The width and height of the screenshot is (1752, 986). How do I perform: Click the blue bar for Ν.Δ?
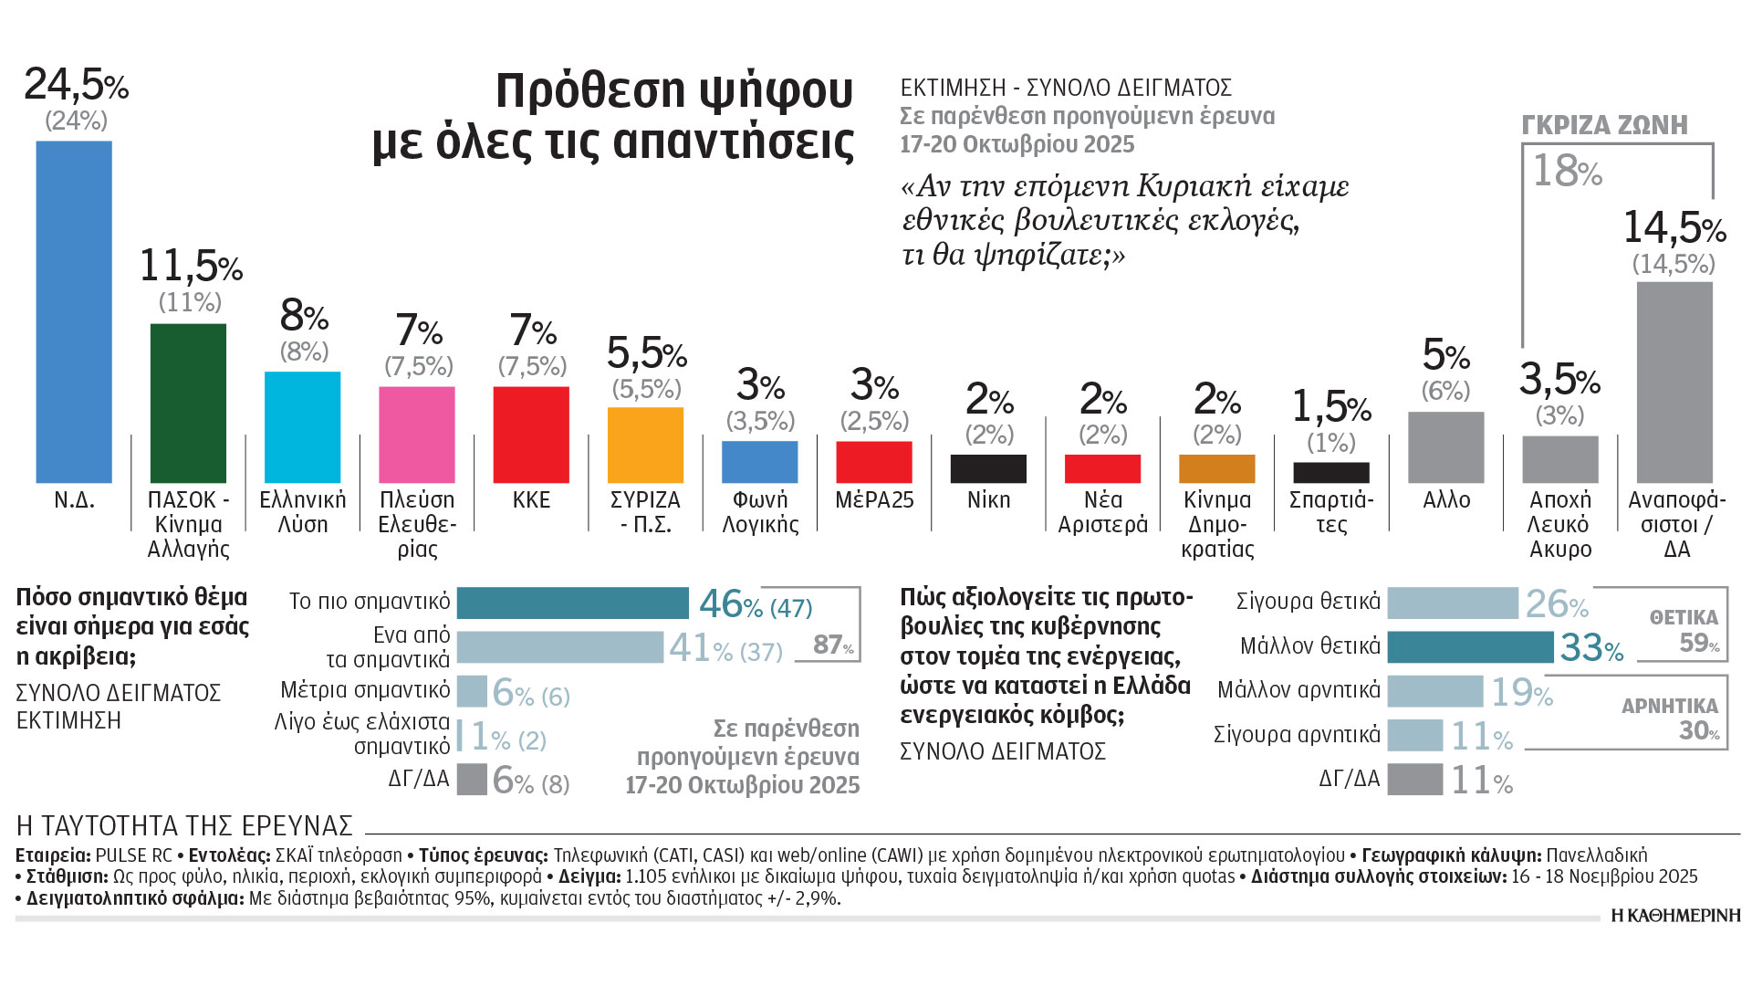(x=74, y=311)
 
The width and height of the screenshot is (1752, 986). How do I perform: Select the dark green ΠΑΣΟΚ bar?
(x=188, y=403)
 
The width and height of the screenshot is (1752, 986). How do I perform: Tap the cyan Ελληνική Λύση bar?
(x=302, y=426)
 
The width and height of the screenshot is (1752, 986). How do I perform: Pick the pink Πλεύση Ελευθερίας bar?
(x=416, y=435)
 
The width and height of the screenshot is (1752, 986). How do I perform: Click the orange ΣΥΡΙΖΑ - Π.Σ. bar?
(x=645, y=445)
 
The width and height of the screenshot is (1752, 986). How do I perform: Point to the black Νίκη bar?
(x=988, y=468)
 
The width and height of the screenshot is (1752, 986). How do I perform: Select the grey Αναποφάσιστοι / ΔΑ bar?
(x=1674, y=382)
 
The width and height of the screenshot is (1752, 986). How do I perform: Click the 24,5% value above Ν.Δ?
(x=76, y=85)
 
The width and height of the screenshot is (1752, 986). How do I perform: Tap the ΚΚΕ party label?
(x=531, y=500)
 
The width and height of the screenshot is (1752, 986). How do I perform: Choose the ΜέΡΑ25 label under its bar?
(x=874, y=500)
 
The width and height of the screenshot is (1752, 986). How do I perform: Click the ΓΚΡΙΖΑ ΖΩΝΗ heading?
(x=1604, y=125)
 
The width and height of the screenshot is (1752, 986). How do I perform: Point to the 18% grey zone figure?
(x=1567, y=171)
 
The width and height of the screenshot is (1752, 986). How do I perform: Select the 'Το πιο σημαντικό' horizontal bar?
(x=572, y=603)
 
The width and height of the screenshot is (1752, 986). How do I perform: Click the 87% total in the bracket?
(x=832, y=645)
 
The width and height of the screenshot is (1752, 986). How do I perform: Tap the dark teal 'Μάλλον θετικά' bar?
(x=1469, y=646)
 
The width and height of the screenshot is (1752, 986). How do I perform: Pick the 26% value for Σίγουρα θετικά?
(x=1557, y=603)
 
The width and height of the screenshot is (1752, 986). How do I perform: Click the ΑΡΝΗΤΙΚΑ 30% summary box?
(x=1677, y=719)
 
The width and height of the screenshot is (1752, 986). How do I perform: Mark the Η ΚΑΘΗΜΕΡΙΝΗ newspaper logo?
(x=1675, y=916)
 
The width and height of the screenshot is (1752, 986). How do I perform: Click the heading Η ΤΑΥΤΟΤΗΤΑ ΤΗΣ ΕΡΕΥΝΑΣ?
(x=184, y=825)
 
